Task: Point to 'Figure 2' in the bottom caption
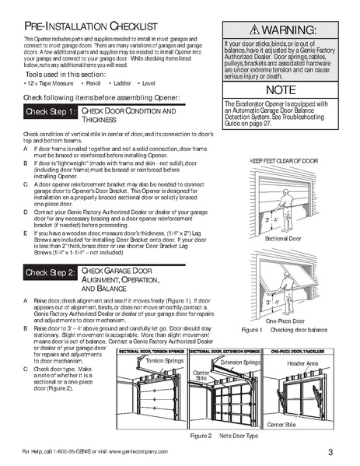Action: click(x=201, y=435)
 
